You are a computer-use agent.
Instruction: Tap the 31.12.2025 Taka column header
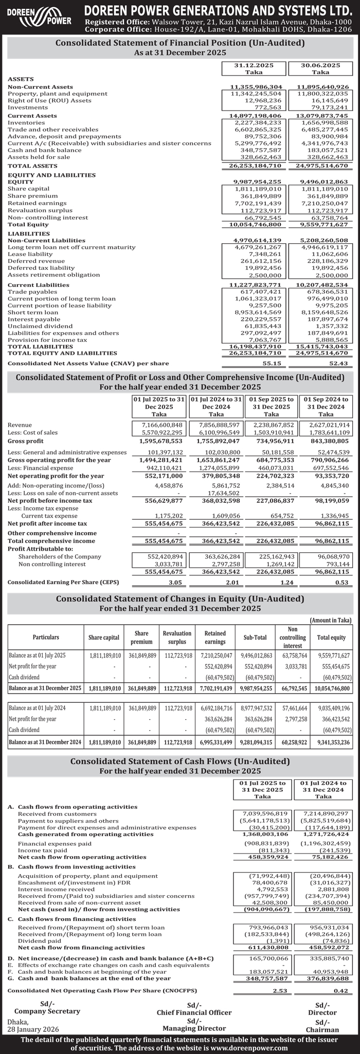pos(253,69)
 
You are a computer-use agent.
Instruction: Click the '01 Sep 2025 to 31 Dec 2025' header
pos(271,406)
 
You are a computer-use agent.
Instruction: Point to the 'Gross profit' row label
pos(25,441)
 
